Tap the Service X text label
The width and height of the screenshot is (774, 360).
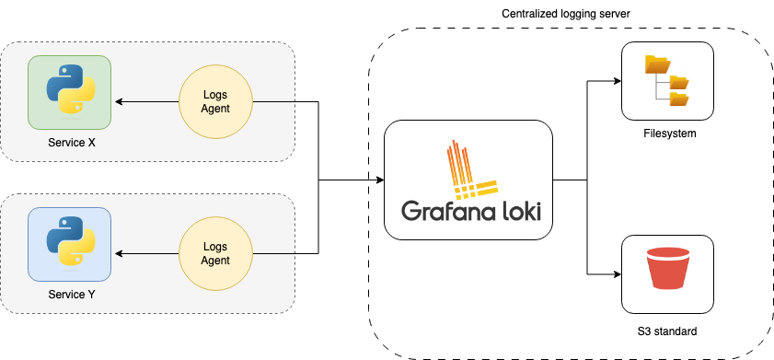click(x=69, y=145)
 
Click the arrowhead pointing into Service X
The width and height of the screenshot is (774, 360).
click(x=118, y=101)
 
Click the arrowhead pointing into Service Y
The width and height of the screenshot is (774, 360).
click(x=118, y=253)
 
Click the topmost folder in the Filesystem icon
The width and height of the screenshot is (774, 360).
click(x=656, y=64)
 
